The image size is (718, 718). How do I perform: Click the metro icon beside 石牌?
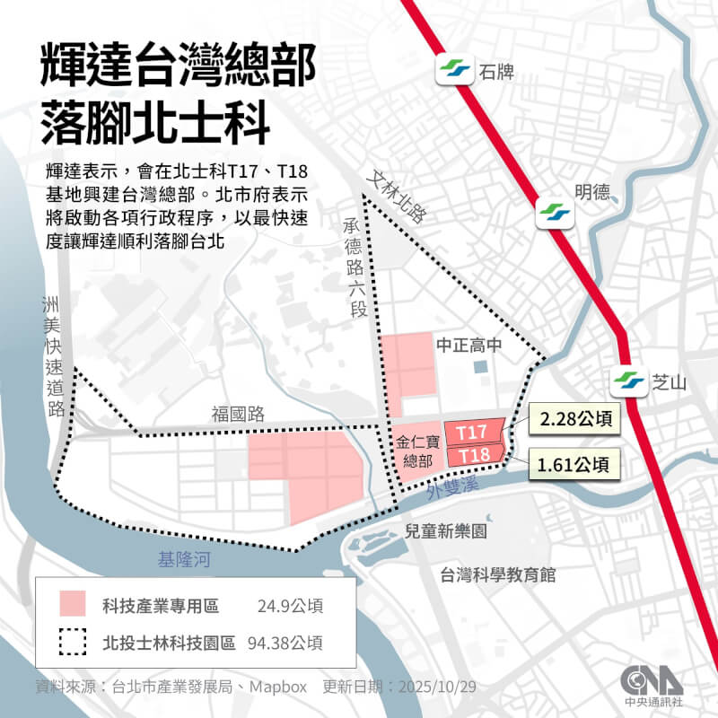[452, 71]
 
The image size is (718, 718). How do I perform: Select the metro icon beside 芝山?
[626, 382]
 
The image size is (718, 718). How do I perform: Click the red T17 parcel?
[473, 432]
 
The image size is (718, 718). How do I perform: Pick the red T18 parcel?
[473, 456]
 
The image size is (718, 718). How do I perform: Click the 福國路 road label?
[238, 414]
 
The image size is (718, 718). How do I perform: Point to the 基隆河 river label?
[184, 561]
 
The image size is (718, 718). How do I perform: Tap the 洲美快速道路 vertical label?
[56, 356]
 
